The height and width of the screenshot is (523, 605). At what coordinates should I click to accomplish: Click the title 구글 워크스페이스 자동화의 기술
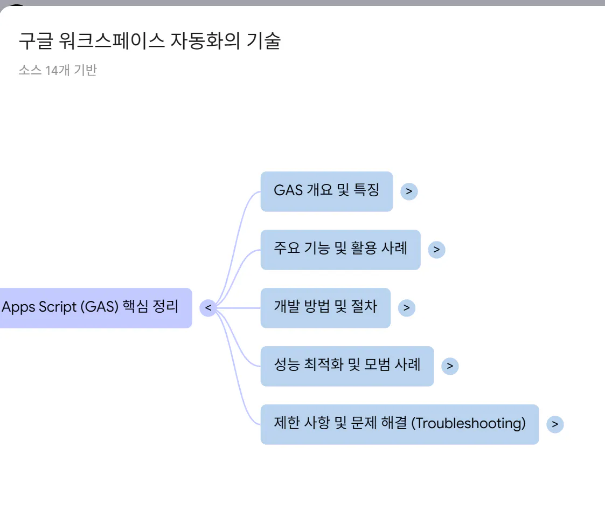tap(149, 41)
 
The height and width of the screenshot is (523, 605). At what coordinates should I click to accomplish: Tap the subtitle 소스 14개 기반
tap(57, 70)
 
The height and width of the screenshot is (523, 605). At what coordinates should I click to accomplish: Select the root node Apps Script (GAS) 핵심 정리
tap(92, 307)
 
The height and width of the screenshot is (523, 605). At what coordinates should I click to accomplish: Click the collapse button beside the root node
tap(208, 308)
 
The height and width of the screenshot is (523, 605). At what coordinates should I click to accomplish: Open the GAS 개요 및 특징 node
tap(326, 191)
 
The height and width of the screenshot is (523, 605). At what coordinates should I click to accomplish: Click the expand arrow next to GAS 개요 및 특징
tap(409, 191)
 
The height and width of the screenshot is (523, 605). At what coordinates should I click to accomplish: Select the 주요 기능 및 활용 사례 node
tap(340, 249)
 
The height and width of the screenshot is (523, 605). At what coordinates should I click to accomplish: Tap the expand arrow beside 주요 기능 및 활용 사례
tap(436, 249)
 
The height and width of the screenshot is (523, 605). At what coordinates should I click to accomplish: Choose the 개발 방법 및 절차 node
tap(325, 307)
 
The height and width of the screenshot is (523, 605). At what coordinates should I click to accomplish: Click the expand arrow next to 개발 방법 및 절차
tap(406, 308)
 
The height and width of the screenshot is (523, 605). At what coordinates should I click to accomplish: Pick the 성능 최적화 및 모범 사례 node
tap(347, 366)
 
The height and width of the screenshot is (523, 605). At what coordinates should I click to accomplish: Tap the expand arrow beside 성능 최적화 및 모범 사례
tap(450, 366)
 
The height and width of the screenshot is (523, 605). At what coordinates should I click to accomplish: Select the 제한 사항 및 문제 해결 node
tap(399, 424)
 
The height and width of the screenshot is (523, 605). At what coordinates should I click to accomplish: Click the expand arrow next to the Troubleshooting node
tap(555, 424)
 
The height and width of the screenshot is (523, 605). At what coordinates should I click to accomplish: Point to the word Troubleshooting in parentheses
tap(468, 424)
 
